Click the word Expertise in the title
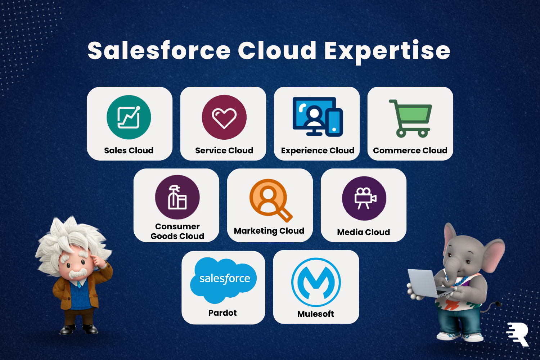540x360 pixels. point(387,51)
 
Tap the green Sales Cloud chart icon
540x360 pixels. point(129,117)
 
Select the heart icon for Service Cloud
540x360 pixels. point(224,117)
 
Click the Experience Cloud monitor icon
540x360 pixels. point(318,117)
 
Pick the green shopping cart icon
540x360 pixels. point(411,119)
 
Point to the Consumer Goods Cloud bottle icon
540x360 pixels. point(177,197)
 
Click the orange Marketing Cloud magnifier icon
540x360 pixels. point(270,200)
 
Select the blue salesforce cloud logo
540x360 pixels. point(223,280)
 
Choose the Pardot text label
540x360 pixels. point(222,313)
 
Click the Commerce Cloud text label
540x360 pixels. point(410,150)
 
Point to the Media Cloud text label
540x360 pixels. point(364,232)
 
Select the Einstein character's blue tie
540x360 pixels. point(79,285)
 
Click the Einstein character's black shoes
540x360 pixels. point(78,329)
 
